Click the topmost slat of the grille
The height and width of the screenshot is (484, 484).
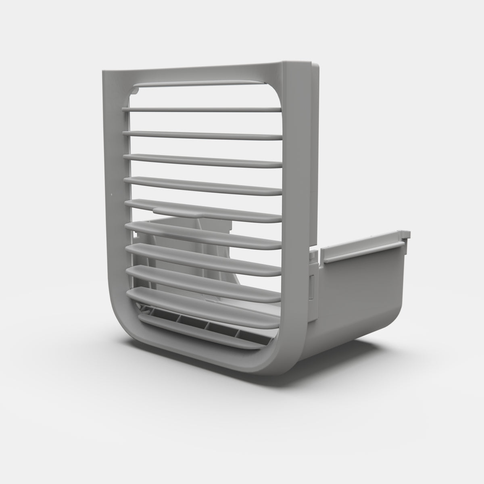[x=202, y=109]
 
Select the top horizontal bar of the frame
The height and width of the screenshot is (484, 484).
[x=194, y=73]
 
